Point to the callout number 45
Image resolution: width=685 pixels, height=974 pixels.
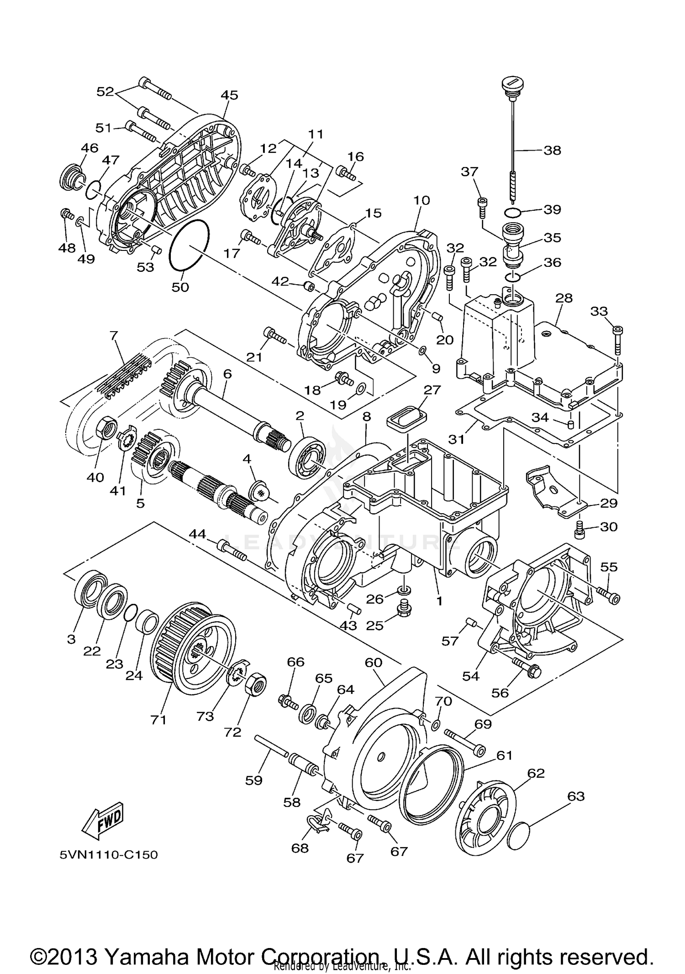pyautogui.click(x=229, y=95)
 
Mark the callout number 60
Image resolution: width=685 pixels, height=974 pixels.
pyautogui.click(x=373, y=662)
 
